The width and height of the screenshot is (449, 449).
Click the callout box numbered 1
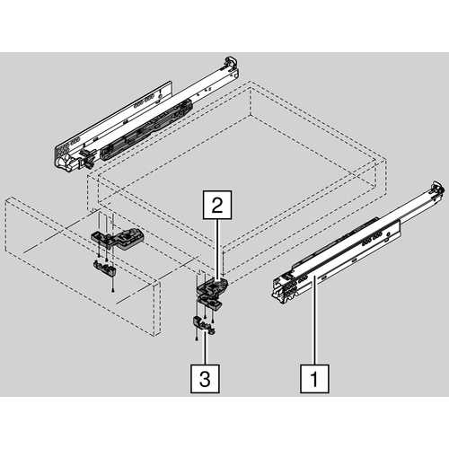point(314,379)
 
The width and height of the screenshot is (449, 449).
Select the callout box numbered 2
point(217,205)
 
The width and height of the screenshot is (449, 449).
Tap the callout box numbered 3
point(205,379)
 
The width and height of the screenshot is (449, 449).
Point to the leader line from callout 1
point(314,321)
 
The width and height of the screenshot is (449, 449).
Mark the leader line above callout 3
point(206,348)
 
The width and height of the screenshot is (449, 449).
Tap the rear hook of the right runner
point(437,189)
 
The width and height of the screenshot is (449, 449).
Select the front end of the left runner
point(66,158)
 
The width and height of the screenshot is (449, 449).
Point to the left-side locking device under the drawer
point(119,239)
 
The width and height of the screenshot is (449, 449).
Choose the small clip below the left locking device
point(105,268)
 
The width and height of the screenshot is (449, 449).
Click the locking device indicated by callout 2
point(213,286)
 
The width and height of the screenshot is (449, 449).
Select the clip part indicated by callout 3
point(204,324)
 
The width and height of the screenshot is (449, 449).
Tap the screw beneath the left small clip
point(112,289)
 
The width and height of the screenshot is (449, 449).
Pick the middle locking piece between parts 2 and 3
point(209,303)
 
